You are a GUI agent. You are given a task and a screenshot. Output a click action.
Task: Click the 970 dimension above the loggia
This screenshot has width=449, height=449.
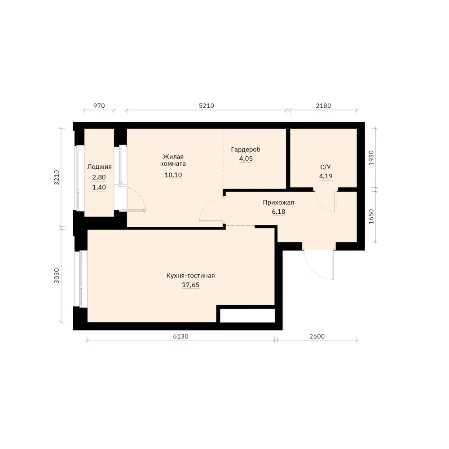(x=99, y=106)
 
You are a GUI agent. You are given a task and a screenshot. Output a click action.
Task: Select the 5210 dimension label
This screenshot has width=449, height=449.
(x=207, y=106)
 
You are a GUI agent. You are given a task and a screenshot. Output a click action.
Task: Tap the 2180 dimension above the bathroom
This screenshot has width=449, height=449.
(x=324, y=106)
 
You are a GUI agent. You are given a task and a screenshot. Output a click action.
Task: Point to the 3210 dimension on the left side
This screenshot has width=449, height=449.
(x=57, y=177)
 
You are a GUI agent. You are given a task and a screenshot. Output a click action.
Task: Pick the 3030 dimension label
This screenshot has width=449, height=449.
(x=57, y=276)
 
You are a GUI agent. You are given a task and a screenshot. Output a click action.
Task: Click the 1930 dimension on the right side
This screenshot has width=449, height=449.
(x=371, y=158)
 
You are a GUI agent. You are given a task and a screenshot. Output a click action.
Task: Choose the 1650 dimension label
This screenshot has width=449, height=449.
(x=371, y=216)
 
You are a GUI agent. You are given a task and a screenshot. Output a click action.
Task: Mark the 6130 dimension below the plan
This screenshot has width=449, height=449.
(x=180, y=336)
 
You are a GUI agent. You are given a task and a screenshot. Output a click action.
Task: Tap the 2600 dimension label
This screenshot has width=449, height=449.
(x=317, y=336)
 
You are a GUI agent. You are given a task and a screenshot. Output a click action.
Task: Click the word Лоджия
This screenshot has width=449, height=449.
(x=99, y=167)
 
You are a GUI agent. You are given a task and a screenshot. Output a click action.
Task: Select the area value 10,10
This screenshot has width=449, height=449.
(x=173, y=175)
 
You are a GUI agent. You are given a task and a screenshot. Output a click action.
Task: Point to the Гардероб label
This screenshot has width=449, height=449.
(x=246, y=150)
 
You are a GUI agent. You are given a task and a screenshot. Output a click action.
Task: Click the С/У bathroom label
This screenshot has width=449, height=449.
(x=326, y=167)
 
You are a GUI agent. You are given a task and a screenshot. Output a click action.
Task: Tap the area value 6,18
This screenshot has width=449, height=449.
(x=278, y=211)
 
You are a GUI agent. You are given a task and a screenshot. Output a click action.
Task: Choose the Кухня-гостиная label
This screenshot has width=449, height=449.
(x=190, y=276)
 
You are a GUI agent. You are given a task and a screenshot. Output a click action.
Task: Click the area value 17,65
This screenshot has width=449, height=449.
(x=191, y=285)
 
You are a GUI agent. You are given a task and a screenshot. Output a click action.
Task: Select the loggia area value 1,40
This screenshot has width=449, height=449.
(x=99, y=187)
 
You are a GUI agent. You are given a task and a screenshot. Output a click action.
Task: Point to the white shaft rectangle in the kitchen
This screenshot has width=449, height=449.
(x=247, y=315)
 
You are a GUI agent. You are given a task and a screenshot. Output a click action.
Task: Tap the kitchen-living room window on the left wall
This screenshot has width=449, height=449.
(x=81, y=279)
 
